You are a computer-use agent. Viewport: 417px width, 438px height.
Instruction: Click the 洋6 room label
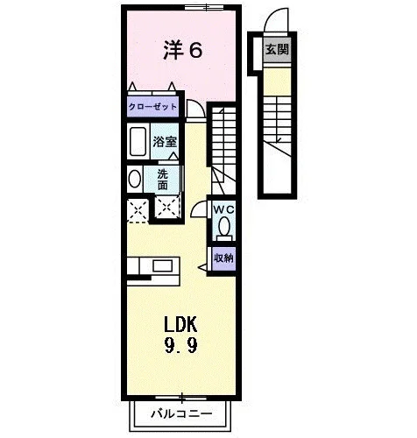[x=182, y=50]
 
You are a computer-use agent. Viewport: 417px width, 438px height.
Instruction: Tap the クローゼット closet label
[x=152, y=107]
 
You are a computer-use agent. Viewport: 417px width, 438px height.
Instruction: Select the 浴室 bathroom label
[x=165, y=142]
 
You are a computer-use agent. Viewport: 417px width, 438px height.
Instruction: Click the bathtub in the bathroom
[x=138, y=141]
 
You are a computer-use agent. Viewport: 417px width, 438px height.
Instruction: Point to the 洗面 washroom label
[x=163, y=180]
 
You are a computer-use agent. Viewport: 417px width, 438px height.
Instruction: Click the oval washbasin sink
[x=135, y=179]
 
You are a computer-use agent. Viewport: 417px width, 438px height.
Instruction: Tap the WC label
[x=223, y=209]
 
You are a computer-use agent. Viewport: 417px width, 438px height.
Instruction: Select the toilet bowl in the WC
[x=224, y=227]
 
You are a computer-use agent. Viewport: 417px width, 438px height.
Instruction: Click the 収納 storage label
[x=223, y=258]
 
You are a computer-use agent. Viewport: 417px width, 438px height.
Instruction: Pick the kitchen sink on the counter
[x=163, y=265]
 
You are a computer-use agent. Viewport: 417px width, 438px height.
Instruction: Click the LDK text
[x=180, y=324]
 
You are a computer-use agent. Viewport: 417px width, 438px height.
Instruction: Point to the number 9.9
[x=180, y=345]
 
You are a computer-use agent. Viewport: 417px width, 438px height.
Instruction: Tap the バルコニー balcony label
[x=181, y=413]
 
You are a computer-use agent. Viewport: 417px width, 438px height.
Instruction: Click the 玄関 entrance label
[x=277, y=50]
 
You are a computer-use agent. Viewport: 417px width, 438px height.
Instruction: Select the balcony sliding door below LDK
[x=181, y=398]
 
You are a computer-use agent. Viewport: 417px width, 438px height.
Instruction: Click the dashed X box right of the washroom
[x=167, y=207]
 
